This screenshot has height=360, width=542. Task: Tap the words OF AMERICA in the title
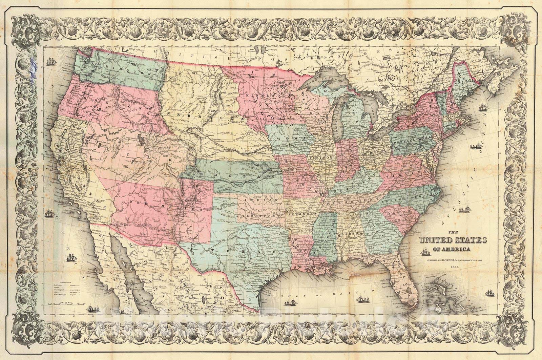coord(455,250)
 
